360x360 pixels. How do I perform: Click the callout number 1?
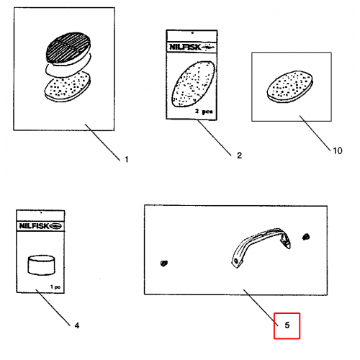[127, 160]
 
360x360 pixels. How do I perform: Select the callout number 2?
[239, 156]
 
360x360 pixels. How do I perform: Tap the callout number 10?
[338, 150]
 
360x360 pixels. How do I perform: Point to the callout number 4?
[77, 325]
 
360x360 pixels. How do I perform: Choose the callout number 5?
[287, 325]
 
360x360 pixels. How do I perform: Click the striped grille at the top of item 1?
[68, 48]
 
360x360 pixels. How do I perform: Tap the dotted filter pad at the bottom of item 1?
[68, 87]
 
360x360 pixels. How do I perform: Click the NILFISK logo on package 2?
[192, 47]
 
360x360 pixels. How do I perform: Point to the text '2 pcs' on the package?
[204, 112]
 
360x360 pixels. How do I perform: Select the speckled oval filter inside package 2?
[193, 84]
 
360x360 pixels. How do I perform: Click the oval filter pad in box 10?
[290, 86]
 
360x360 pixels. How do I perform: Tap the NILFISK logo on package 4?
[40, 226]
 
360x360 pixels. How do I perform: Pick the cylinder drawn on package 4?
[41, 265]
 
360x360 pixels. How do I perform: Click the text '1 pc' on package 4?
[55, 287]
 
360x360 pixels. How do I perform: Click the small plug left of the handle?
[164, 264]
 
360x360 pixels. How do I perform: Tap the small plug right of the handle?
[306, 237]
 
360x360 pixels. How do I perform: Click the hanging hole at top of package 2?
[192, 33]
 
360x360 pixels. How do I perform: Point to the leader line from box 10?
[315, 133]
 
